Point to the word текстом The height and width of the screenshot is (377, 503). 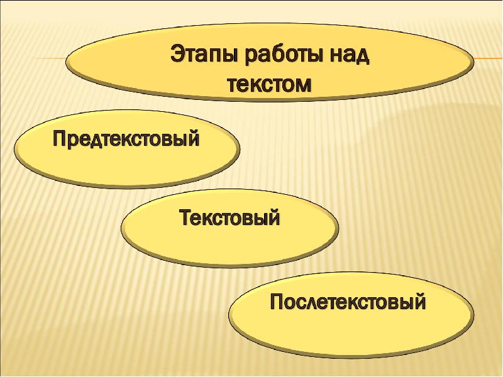tap(268, 84)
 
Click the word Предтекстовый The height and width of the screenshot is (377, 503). tap(126, 139)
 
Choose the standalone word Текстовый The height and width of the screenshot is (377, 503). tap(229, 219)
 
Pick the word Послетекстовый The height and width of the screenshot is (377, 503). tap(348, 302)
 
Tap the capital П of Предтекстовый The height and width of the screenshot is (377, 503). tap(58, 138)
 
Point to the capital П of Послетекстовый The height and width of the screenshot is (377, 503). tap(277, 302)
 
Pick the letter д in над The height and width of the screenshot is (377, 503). tap(362, 56)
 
